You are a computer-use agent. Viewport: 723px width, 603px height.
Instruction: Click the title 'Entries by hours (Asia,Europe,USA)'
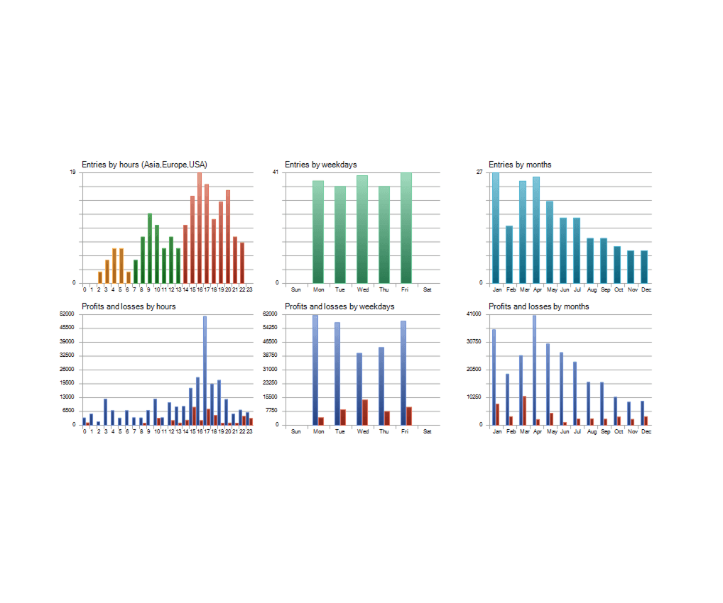(144, 165)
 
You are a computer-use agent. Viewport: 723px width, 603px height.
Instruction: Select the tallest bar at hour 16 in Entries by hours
(200, 228)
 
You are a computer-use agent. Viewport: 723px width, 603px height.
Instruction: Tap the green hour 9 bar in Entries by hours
(149, 248)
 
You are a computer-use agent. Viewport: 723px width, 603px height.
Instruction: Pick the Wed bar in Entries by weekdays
(362, 229)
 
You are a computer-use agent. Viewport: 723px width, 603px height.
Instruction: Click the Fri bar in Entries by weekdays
(406, 228)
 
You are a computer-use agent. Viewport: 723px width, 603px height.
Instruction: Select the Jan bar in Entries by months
(496, 228)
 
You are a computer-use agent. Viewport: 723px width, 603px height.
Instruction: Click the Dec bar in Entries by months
(644, 267)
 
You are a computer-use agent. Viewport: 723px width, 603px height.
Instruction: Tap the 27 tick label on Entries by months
(479, 172)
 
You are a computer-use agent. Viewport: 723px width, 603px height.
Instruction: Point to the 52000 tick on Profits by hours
(67, 314)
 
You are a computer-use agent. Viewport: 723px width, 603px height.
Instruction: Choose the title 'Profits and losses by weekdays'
(339, 306)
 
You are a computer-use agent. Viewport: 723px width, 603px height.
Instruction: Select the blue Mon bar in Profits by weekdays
(315, 370)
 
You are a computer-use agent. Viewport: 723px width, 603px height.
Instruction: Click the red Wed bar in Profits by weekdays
(365, 412)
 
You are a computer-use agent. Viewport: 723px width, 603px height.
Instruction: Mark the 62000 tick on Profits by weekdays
(270, 314)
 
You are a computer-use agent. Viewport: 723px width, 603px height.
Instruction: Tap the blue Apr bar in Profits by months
(534, 370)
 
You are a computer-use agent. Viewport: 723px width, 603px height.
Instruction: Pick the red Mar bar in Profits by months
(524, 410)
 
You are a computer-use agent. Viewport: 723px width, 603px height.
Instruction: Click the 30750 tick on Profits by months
(474, 341)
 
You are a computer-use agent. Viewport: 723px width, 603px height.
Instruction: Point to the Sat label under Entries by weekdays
(427, 289)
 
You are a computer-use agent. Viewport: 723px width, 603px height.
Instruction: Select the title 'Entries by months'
(520, 165)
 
